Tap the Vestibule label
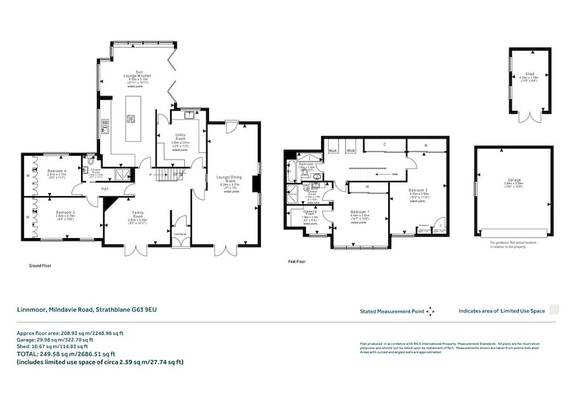coord(179,234)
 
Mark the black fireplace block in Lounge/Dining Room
coord(255,183)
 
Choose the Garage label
coord(512,180)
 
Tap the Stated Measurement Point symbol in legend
coord(430,311)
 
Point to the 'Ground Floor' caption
coord(40,266)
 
